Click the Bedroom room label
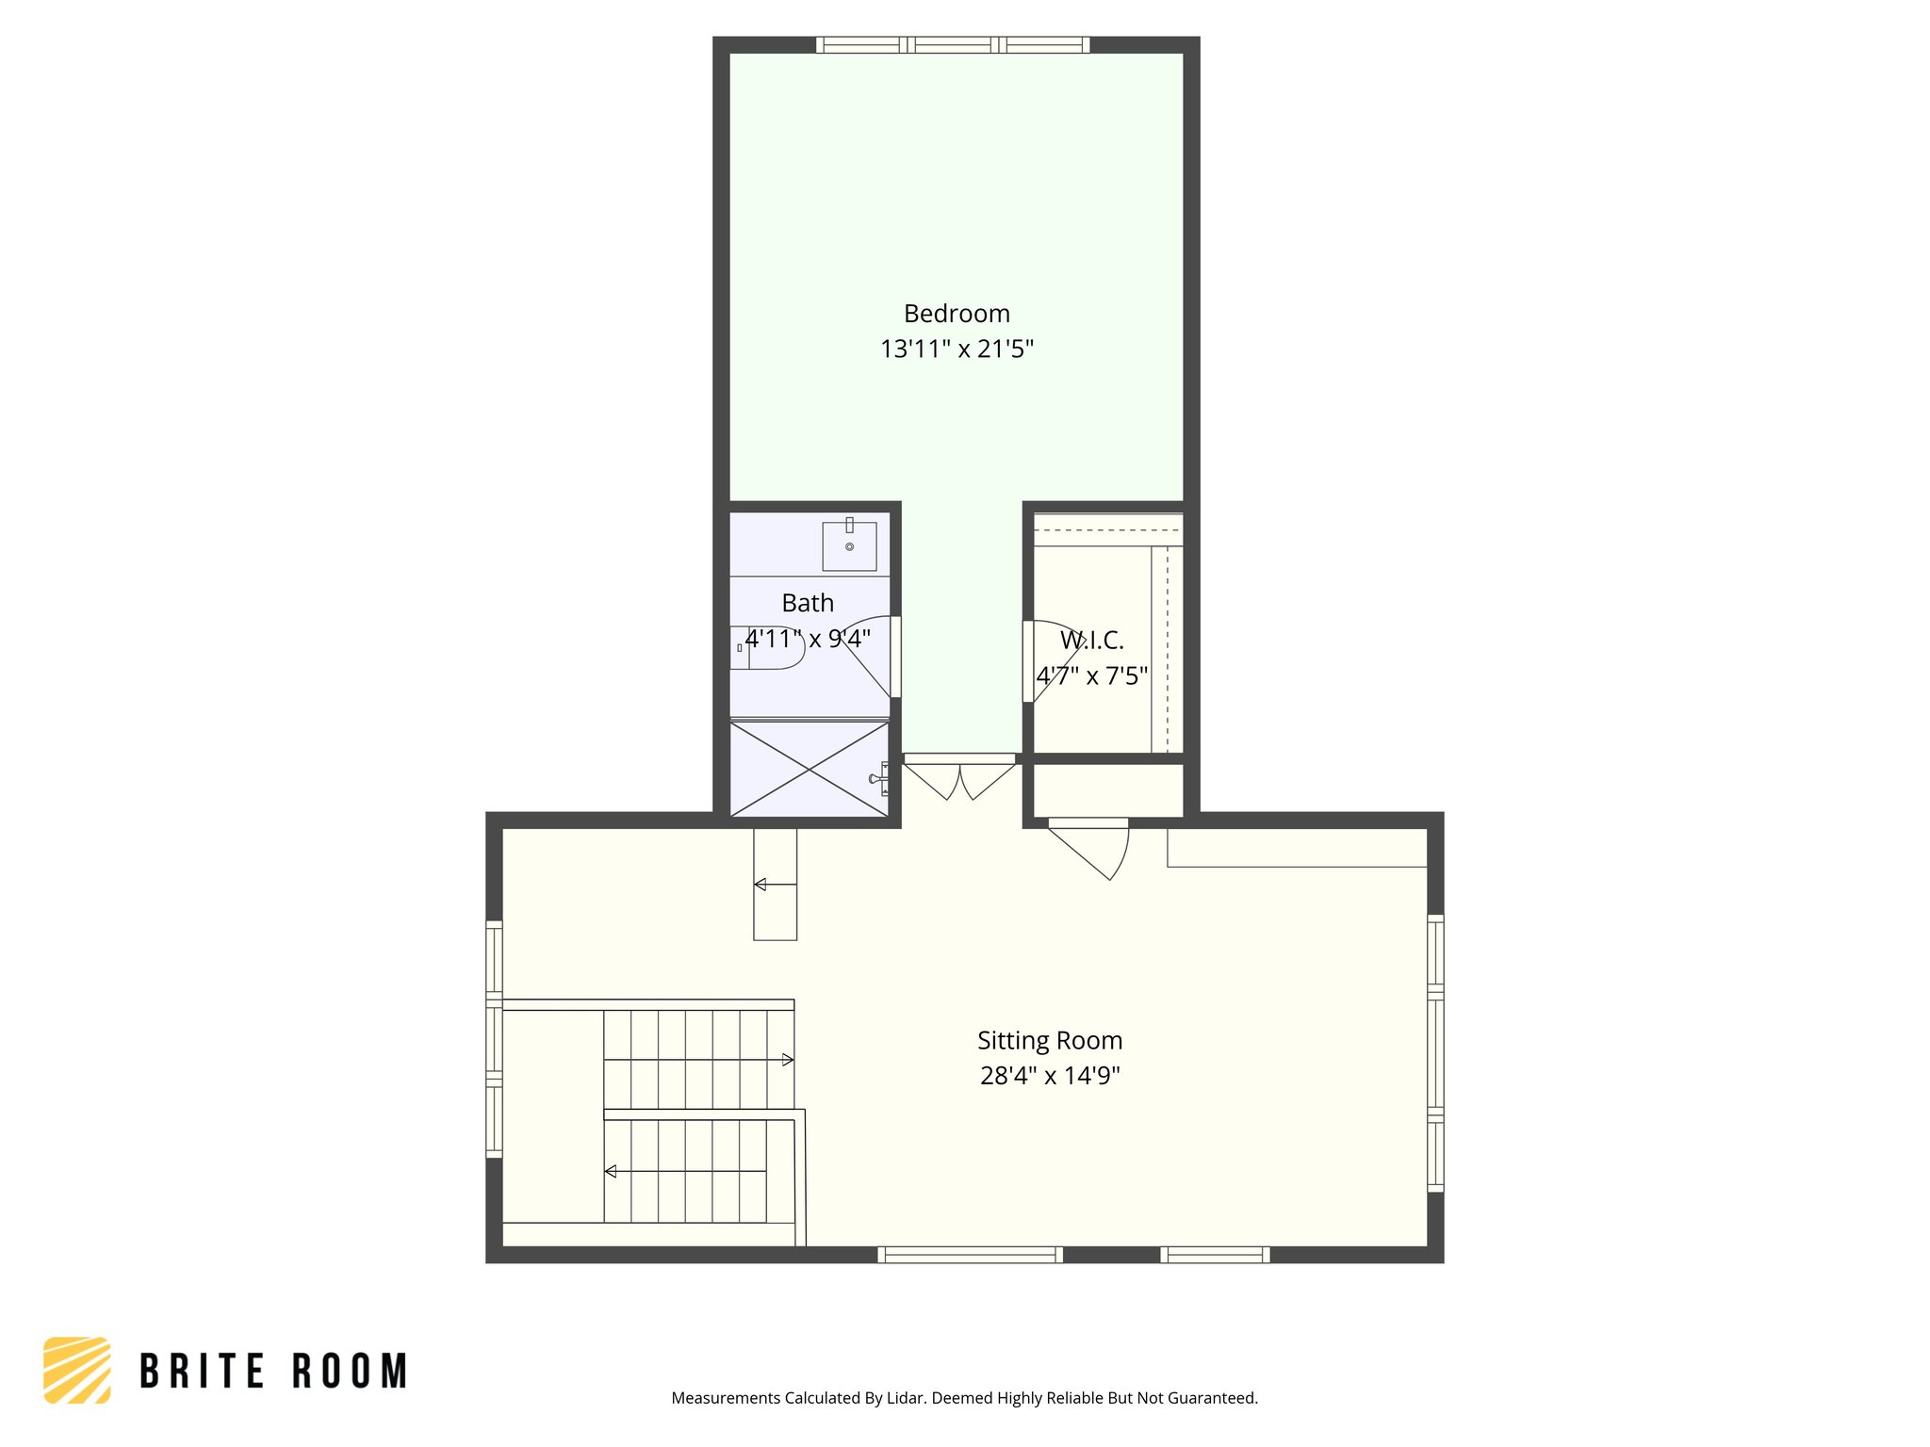pos(957,314)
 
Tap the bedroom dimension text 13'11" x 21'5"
pos(957,350)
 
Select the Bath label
pos(808,603)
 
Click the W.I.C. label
pos(1091,641)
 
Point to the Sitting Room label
pos(1049,1041)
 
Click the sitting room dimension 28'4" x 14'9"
pos(1049,1076)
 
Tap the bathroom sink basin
pos(849,546)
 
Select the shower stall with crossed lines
pos(809,770)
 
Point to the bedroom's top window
pos(953,44)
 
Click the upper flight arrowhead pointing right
pos(788,1060)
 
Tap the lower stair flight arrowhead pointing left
pos(611,1171)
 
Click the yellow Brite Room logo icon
pos(77,1370)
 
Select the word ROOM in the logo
pos(350,1372)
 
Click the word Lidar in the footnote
pos(907,1398)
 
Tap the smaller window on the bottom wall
pos(1215,1255)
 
